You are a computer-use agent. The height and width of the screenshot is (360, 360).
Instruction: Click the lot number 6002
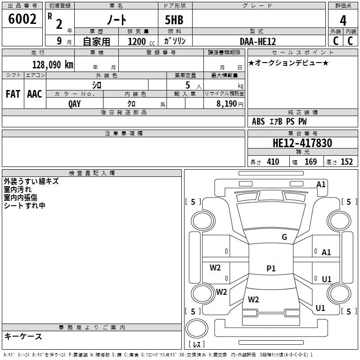22,19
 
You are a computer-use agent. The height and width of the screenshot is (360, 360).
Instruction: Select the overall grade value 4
343,21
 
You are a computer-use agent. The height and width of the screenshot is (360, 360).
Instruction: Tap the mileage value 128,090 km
53,65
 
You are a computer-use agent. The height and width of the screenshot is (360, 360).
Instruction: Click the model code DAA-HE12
257,41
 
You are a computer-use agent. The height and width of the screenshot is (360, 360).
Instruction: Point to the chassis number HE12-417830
302,143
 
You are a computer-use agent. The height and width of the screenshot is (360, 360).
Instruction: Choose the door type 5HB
174,20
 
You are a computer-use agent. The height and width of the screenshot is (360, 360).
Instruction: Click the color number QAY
74,104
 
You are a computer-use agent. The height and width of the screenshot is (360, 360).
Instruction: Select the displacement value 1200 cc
141,41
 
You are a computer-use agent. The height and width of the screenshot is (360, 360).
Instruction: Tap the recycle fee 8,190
226,104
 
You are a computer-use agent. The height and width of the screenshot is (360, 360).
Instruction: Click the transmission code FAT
13,94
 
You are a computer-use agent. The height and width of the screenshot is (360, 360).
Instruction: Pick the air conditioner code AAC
35,94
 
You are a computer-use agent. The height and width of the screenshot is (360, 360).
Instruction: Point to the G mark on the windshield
284,237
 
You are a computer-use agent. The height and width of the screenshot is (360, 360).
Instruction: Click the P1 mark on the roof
271,268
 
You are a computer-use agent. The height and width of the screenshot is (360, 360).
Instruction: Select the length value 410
273,162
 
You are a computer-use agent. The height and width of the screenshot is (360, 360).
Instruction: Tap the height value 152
346,162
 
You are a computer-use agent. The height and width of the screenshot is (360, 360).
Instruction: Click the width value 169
310,162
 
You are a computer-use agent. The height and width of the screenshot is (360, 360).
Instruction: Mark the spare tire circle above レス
197,328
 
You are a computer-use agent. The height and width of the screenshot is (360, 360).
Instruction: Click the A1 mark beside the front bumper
321,184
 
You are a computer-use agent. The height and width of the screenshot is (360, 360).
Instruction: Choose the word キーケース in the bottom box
23,336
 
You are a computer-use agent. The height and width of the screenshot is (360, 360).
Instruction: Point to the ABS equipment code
258,121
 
